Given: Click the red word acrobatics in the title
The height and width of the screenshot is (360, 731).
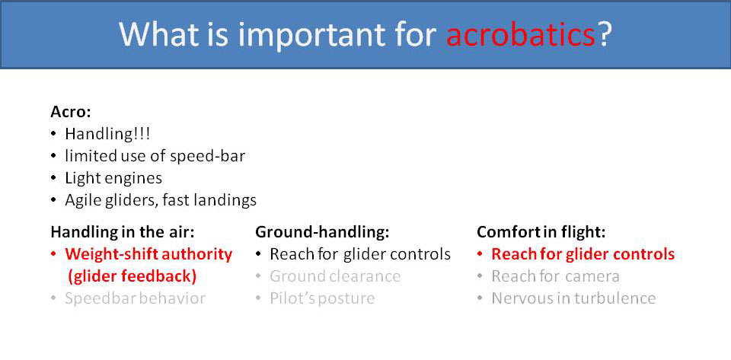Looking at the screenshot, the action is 520,34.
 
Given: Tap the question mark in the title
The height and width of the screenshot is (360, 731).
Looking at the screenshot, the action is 604,34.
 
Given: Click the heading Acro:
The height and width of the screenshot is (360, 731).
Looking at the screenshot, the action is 71,113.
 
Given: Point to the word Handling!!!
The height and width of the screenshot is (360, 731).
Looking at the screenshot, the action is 107,134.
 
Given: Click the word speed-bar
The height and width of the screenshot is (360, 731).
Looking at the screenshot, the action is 207,157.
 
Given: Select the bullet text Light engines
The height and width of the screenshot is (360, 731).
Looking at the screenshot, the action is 113,178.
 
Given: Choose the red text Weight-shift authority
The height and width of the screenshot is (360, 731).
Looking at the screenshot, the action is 148,255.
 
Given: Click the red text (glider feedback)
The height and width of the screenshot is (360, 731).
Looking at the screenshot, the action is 132,276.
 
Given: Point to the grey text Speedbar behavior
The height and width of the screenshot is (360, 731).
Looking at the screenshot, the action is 136,298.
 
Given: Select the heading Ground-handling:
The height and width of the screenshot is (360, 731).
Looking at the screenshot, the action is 323,232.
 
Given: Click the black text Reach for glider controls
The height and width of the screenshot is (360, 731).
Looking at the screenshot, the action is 360,254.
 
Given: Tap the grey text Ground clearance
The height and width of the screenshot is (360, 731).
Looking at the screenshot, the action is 335,276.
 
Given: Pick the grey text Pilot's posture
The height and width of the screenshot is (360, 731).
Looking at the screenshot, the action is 322,298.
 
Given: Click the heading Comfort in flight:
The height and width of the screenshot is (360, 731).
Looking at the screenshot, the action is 541,232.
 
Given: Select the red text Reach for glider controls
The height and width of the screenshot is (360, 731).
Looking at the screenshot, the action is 583,254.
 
